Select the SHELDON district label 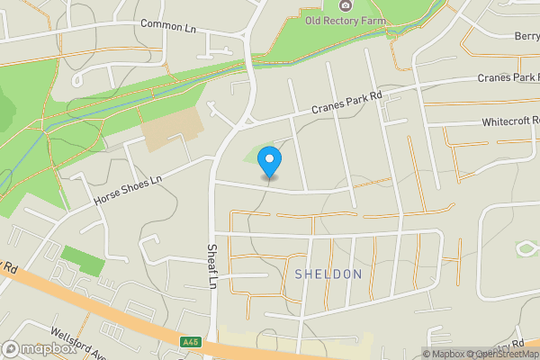[x=328, y=274]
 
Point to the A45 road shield [x=191, y=341]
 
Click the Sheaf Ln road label [x=213, y=265]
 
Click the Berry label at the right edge [x=527, y=36]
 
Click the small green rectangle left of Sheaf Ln [x=82, y=261]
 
